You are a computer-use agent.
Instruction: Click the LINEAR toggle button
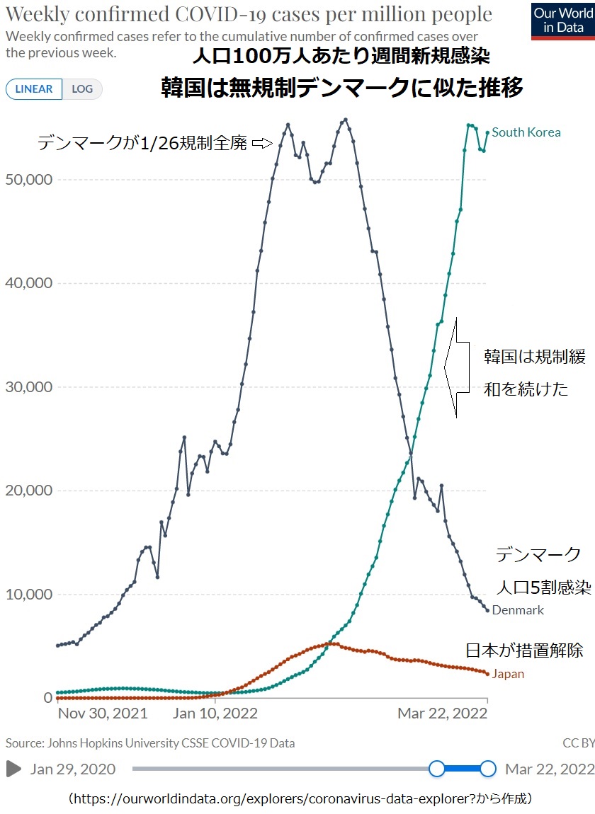point(34,89)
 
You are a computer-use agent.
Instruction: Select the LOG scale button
point(82,89)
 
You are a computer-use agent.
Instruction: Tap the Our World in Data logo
point(562,21)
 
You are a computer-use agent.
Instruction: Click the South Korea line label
point(526,132)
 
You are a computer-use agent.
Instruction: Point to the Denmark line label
point(518,610)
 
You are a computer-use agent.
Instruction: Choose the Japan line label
point(508,674)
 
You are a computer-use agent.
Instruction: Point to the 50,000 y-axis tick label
point(28,180)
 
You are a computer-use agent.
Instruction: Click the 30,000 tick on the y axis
point(28,387)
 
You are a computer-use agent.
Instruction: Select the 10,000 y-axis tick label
point(28,595)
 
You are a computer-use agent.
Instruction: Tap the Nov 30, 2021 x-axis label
point(103,713)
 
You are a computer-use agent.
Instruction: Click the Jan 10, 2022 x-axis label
point(215,713)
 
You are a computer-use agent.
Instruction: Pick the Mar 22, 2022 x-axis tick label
point(442,713)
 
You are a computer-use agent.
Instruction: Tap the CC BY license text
point(578,743)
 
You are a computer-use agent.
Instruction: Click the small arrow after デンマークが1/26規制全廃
point(262,144)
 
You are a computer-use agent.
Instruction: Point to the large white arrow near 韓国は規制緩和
point(457,367)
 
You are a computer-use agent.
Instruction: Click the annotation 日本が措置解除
point(524,650)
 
